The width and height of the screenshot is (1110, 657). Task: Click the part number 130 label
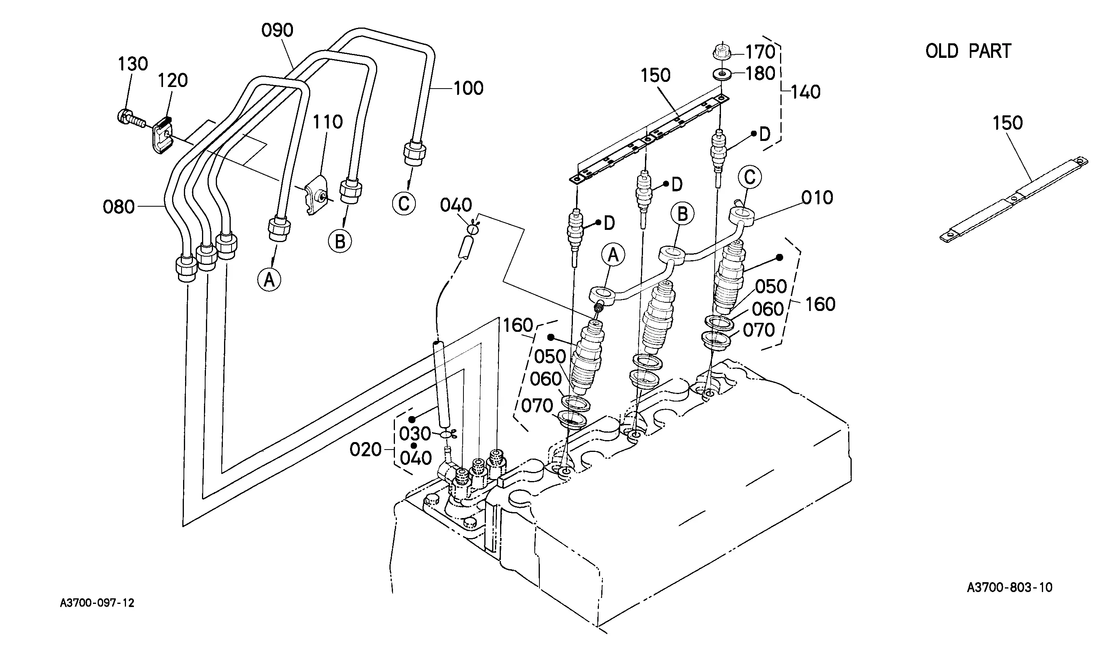[x=132, y=64]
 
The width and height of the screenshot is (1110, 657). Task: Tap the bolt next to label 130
[x=131, y=118]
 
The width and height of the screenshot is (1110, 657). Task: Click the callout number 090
[x=277, y=31]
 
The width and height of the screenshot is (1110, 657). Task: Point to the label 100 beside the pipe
[x=468, y=89]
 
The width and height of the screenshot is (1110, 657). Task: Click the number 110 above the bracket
[x=328, y=122]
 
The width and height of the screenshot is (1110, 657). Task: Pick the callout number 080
[x=119, y=207]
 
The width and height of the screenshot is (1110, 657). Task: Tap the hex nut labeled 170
[x=722, y=51]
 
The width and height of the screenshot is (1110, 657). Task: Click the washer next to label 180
[x=722, y=74]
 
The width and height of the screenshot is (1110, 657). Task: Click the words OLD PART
[x=968, y=51]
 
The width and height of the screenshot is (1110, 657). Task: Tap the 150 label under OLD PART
[x=1007, y=123]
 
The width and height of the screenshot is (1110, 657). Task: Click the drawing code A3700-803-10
[x=1010, y=587]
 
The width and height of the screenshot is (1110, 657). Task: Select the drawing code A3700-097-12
[x=97, y=603]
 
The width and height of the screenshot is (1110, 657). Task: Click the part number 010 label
[x=817, y=198]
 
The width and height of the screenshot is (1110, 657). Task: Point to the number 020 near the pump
[x=365, y=450]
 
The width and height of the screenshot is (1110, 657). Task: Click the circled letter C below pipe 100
[x=404, y=204]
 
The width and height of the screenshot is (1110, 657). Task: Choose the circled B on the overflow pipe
[x=683, y=215]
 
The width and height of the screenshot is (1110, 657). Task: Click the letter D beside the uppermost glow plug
[x=765, y=135]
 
